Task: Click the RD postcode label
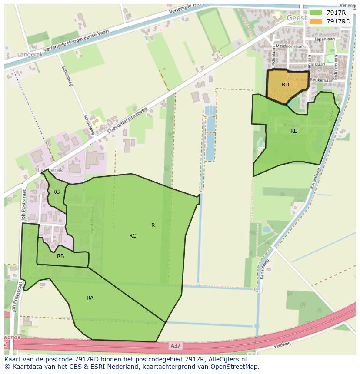point(285,85)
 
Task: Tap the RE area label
point(294,131)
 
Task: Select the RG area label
point(56,192)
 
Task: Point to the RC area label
point(133,236)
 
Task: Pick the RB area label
point(60,256)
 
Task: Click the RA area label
point(90,298)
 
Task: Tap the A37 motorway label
point(174,346)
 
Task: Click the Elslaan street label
point(318,64)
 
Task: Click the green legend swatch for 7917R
point(316,13)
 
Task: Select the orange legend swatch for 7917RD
point(316,21)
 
